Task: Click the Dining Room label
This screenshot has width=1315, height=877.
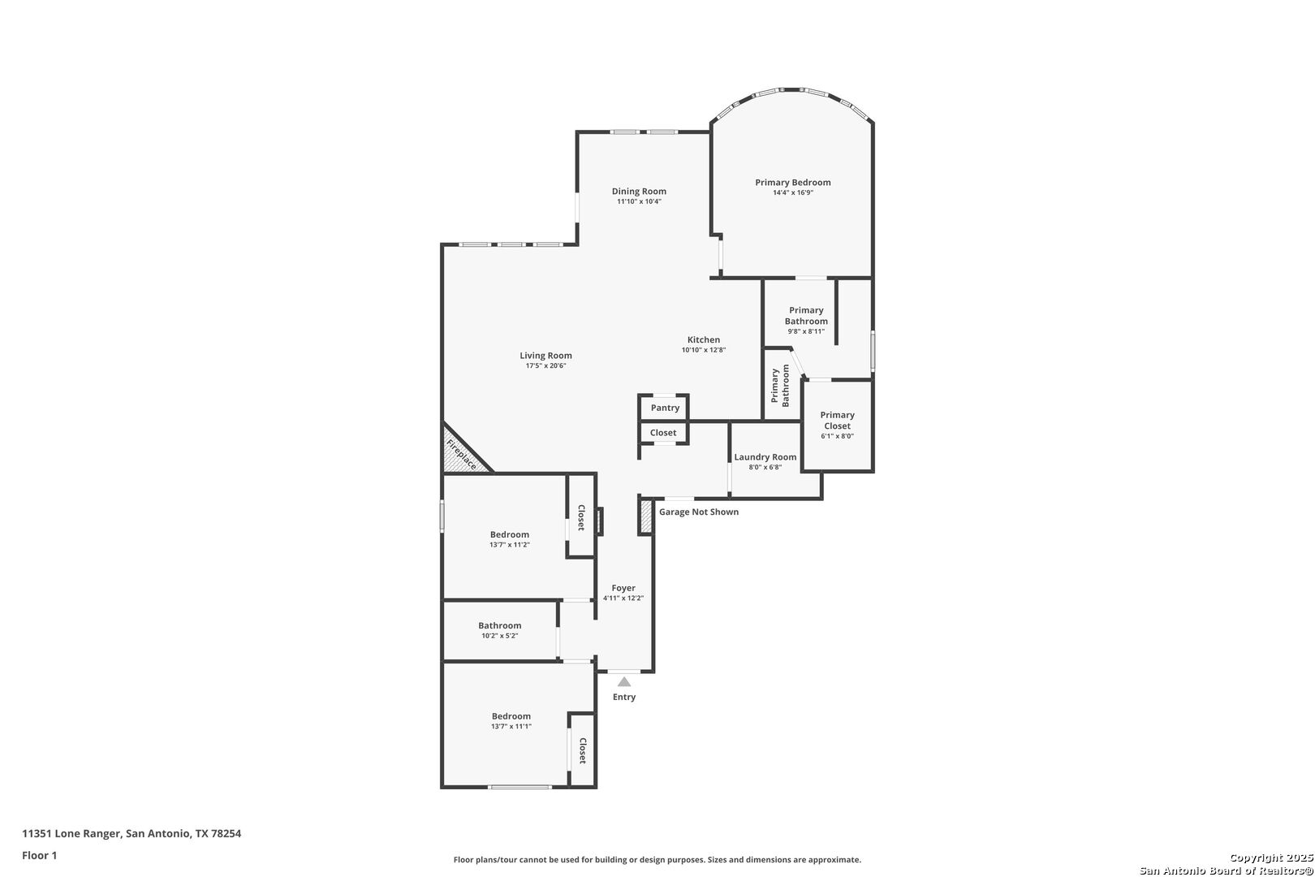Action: point(639,191)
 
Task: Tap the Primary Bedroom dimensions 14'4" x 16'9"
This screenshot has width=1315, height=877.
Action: point(792,192)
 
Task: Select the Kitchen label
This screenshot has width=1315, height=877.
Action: point(703,339)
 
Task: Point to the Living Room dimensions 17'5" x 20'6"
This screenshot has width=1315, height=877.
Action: point(545,366)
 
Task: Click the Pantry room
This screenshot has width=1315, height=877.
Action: point(664,407)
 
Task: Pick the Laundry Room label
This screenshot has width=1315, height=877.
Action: point(765,457)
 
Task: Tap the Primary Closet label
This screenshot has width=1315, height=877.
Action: point(837,420)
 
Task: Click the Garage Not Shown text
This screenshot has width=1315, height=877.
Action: point(699,512)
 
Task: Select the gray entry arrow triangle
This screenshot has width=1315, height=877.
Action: point(624,682)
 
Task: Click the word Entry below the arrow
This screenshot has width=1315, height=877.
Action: point(624,698)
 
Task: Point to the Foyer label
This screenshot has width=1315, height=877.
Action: point(623,588)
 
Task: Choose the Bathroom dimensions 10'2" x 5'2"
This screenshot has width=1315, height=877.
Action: point(499,636)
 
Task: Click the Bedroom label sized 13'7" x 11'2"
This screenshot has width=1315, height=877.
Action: point(510,534)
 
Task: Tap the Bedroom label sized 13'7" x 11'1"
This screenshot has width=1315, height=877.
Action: point(511,716)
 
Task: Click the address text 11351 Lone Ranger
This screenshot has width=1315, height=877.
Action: point(72,833)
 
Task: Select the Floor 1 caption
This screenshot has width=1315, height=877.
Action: point(39,855)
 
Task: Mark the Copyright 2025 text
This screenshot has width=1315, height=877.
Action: point(1271,858)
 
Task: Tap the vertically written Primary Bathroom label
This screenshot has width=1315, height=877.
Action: point(780,386)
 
